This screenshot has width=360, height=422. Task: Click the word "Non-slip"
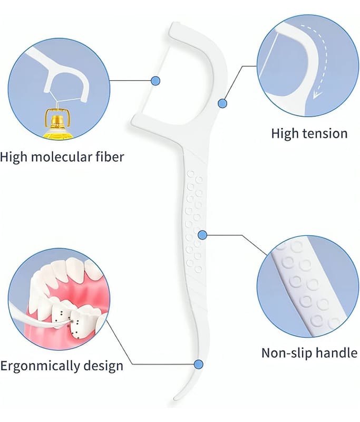287,353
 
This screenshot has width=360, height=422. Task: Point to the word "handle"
336,353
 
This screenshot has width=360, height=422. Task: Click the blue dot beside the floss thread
155,81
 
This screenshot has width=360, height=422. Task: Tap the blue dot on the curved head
222,103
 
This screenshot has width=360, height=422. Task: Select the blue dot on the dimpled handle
201,234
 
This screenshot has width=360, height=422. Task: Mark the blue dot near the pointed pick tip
198,364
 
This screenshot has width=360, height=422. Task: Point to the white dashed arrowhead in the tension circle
317,95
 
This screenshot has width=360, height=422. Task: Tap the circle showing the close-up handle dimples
308,288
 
